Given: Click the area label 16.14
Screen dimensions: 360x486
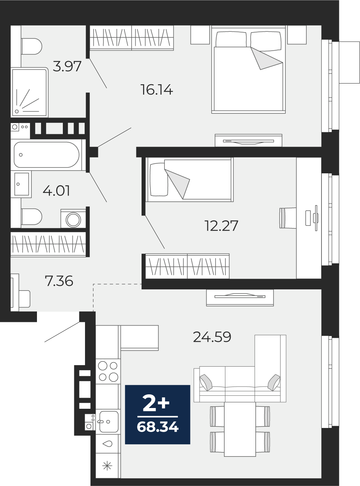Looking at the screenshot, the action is (157, 90).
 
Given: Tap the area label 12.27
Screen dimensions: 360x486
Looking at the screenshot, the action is (221, 226).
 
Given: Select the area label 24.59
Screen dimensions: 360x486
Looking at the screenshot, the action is (212, 337).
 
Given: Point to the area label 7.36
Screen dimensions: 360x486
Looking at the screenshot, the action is (59, 281).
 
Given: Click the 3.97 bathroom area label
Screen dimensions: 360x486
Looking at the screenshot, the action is (67, 66).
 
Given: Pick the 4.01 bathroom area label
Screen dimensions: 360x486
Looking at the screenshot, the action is (56, 191).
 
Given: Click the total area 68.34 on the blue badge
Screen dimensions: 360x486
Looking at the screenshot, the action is (157, 427).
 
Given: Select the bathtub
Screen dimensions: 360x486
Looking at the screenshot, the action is (47, 155).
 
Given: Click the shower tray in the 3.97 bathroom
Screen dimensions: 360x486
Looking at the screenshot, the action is (29, 92).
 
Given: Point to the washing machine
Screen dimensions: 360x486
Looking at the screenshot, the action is (74, 218).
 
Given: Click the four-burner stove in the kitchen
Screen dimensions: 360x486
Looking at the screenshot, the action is (108, 371).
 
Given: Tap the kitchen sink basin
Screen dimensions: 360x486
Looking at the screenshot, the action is (108, 421).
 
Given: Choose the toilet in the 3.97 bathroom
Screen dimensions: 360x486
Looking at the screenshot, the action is (31, 47).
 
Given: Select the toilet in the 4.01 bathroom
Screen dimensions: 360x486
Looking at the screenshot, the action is (31, 217).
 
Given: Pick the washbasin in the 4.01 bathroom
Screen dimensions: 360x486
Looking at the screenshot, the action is (21, 184).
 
